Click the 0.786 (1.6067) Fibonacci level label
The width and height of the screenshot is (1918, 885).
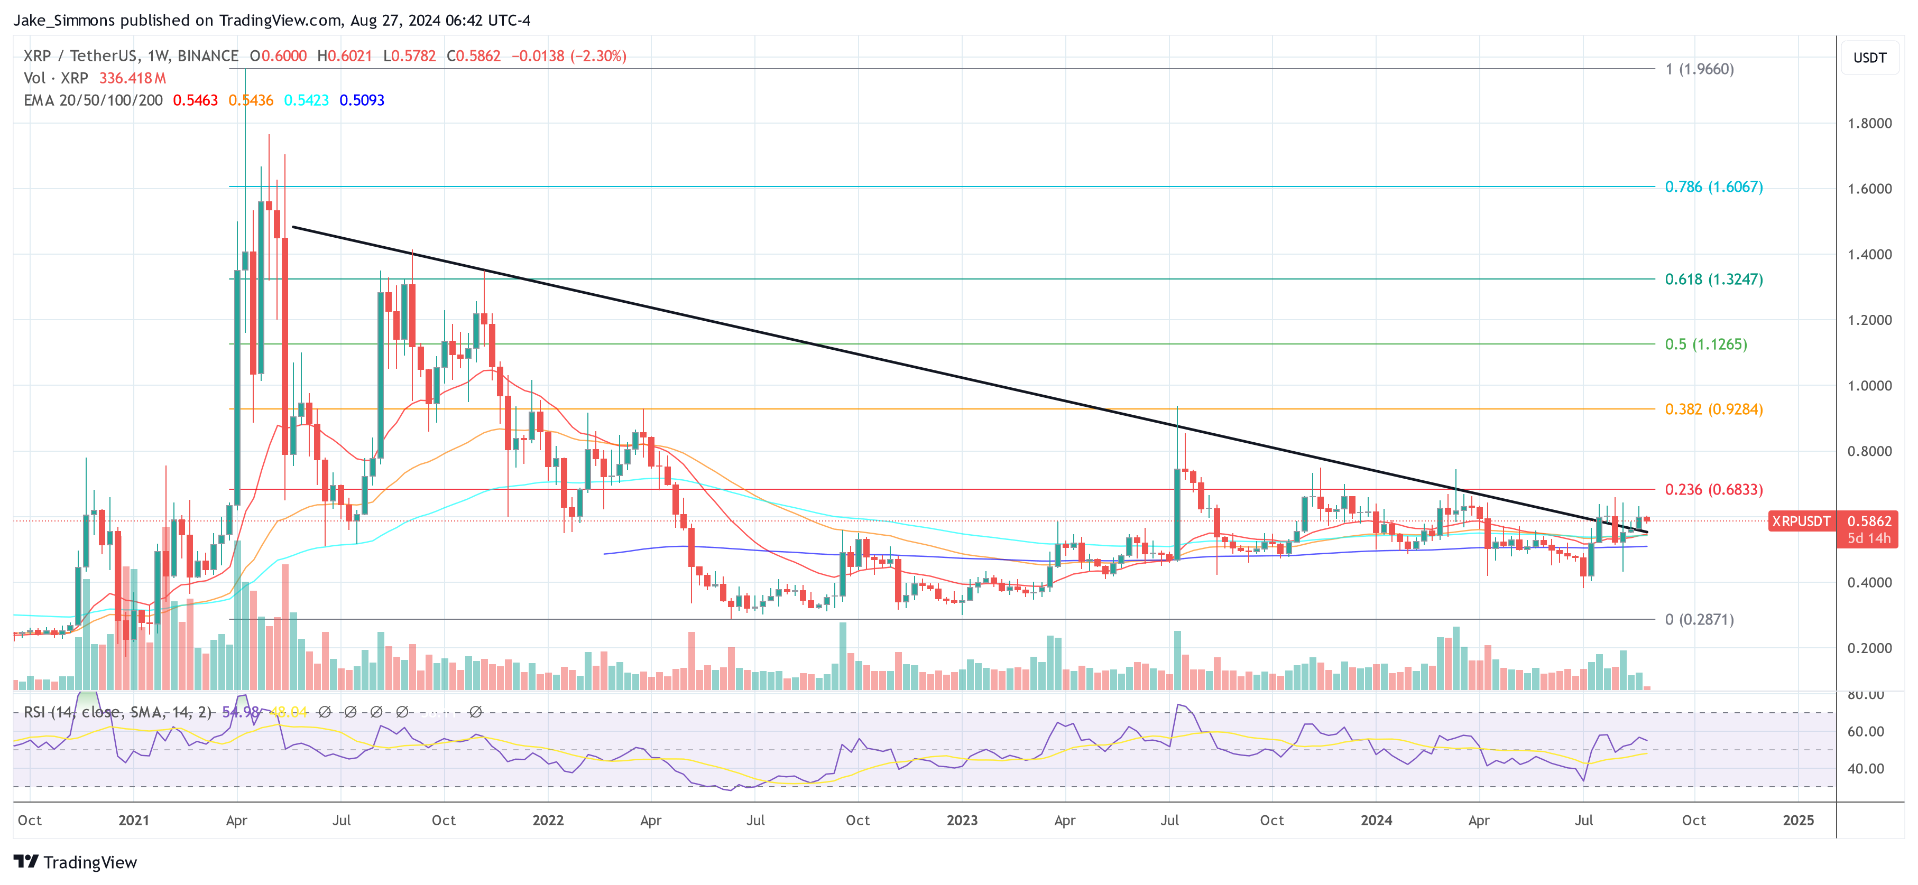pyautogui.click(x=1713, y=187)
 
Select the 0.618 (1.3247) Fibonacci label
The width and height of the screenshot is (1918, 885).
pyautogui.click(x=1713, y=279)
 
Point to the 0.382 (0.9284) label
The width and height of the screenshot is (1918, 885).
pyautogui.click(x=1713, y=408)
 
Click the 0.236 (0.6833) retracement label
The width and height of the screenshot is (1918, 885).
pyautogui.click(x=1713, y=489)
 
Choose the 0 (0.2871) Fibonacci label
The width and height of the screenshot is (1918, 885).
pyautogui.click(x=1699, y=619)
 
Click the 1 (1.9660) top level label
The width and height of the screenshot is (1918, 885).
pyautogui.click(x=1699, y=69)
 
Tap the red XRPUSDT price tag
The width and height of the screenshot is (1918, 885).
pyautogui.click(x=1800, y=521)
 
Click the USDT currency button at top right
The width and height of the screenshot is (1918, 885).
pyautogui.click(x=1869, y=57)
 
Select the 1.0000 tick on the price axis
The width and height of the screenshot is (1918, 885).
pyautogui.click(x=1869, y=386)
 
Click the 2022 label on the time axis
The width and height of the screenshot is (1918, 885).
pyautogui.click(x=548, y=820)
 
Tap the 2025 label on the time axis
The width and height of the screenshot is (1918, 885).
pyautogui.click(x=1798, y=820)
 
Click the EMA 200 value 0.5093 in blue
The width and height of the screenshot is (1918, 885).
pyautogui.click(x=362, y=100)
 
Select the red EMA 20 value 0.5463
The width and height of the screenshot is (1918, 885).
pyautogui.click(x=195, y=100)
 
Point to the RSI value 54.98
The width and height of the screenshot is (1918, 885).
pyautogui.click(x=240, y=712)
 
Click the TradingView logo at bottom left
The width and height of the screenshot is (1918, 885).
pyautogui.click(x=75, y=862)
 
